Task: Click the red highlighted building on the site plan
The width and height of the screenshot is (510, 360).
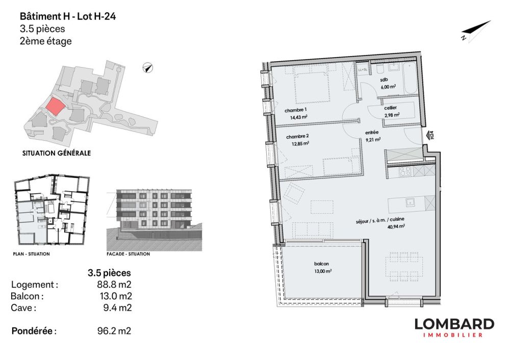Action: pos(55,106)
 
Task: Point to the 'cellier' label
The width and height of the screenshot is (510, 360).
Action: pos(391,108)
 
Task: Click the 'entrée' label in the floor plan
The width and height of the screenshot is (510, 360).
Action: pos(371,132)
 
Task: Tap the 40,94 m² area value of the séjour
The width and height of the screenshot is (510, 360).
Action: pos(395,226)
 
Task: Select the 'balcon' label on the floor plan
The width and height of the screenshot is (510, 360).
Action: pos(322,264)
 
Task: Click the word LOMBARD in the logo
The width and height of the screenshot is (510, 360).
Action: pos(454,324)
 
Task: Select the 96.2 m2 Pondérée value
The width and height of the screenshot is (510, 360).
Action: pos(114,331)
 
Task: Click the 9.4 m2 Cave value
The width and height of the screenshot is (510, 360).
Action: pos(117,307)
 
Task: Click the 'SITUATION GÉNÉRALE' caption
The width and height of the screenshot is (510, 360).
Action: pos(57,152)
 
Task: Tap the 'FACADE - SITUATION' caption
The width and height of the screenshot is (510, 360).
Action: pos(128,254)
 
